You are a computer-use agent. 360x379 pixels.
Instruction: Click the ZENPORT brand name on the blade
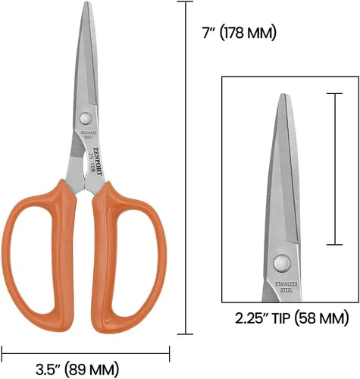point(98,161)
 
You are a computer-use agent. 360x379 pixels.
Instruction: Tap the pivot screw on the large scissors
point(86,118)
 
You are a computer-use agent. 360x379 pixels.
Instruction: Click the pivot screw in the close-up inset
point(282,263)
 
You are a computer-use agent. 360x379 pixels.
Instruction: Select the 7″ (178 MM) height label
point(239,33)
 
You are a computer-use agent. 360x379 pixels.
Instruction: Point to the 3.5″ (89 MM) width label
point(77,369)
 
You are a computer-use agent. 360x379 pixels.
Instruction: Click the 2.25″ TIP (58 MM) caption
point(292,318)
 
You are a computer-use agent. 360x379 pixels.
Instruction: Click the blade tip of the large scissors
point(86,2)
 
